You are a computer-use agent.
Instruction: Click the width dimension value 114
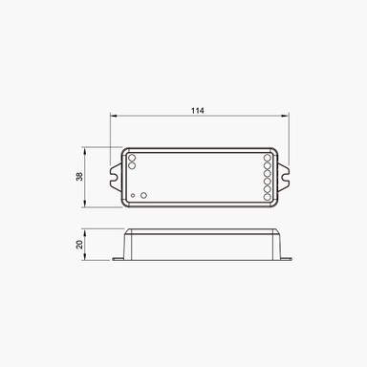tap(197, 111)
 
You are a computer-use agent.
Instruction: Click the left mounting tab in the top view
tap(116, 177)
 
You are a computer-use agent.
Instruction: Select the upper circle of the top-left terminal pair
tap(132, 157)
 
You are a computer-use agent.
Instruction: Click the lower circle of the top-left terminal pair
tap(132, 165)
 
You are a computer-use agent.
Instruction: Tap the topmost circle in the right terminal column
tap(267, 157)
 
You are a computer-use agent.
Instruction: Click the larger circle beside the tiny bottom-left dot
tap(143, 195)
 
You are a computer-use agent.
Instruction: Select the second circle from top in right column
tap(267, 164)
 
